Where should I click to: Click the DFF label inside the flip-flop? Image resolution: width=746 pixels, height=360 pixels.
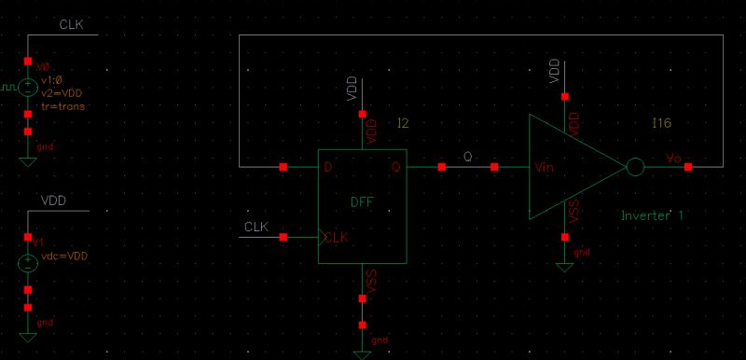pyautogui.click(x=362, y=202)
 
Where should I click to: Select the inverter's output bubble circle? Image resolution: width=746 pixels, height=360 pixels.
pyautogui.click(x=634, y=168)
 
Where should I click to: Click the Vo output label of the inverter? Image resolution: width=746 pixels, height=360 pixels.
pyautogui.click(x=674, y=159)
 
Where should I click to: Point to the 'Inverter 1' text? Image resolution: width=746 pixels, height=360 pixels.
pyautogui.click(x=653, y=216)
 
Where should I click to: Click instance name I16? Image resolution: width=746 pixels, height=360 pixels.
pyautogui.click(x=660, y=123)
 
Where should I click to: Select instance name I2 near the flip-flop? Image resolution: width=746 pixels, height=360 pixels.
pyautogui.click(x=403, y=123)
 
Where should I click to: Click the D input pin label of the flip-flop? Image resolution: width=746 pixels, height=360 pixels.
pyautogui.click(x=328, y=168)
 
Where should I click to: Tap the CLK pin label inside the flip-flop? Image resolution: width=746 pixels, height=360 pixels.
pyautogui.click(x=336, y=238)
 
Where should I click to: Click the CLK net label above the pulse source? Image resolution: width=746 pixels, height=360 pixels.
pyautogui.click(x=71, y=24)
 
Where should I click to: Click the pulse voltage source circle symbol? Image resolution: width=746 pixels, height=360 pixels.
pyautogui.click(x=28, y=90)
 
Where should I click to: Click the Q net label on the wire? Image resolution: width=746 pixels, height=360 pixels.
pyautogui.click(x=468, y=157)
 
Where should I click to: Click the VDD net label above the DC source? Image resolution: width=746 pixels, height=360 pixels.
pyautogui.click(x=53, y=201)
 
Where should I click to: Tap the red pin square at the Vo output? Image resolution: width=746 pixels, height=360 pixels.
pyautogui.click(x=688, y=168)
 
